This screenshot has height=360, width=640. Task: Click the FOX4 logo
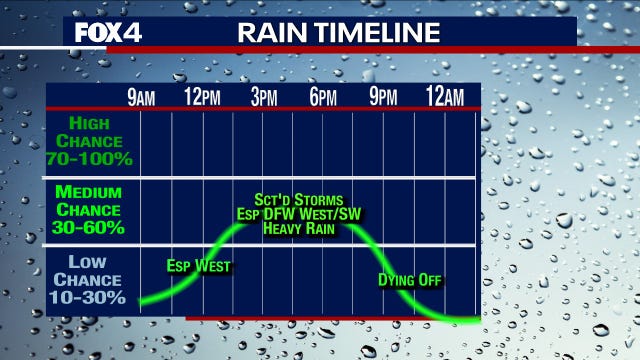click(x=109, y=32)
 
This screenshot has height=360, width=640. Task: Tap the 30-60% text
click(x=90, y=227)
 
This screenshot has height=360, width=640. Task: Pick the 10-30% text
click(x=90, y=297)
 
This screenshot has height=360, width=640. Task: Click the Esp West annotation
click(x=199, y=266)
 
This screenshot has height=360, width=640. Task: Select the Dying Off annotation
click(x=410, y=279)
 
